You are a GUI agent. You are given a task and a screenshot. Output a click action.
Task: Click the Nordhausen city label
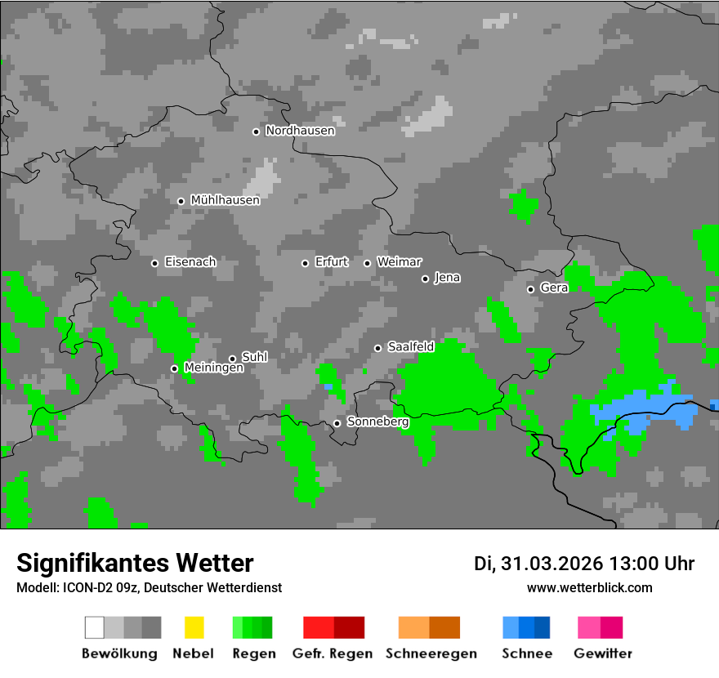pyautogui.click(x=300, y=131)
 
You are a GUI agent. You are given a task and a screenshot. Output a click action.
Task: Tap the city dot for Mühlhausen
pyautogui.click(x=181, y=201)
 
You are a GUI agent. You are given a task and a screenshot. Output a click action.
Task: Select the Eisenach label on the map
pyautogui.click(x=190, y=262)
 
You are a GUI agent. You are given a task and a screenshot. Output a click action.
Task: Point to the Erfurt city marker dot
pyautogui.click(x=305, y=263)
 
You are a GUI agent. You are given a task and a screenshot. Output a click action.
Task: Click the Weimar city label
pyautogui.click(x=400, y=262)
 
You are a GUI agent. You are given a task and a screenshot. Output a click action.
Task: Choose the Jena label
pyautogui.click(x=447, y=278)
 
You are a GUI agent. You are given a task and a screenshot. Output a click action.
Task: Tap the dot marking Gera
pyautogui.click(x=530, y=289)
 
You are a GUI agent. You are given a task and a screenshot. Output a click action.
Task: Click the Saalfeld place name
pyautogui.click(x=411, y=347)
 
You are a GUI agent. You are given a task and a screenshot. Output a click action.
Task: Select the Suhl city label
pyautogui.click(x=255, y=357)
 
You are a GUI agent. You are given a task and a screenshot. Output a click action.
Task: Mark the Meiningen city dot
pyautogui.click(x=174, y=368)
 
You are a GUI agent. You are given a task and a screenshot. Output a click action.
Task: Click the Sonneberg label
pyautogui.click(x=377, y=422)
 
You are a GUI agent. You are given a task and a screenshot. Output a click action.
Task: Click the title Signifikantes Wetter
pyautogui.click(x=135, y=563)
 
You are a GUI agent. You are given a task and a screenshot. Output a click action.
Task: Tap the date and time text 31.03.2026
pyautogui.click(x=584, y=564)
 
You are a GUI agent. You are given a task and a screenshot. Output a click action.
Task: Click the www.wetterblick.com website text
pyautogui.click(x=589, y=587)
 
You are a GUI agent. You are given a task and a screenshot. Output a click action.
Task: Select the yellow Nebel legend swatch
pyautogui.click(x=194, y=627)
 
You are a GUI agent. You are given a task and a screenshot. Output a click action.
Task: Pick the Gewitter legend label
pyautogui.click(x=602, y=653)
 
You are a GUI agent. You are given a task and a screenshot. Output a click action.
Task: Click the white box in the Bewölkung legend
pyautogui.click(x=95, y=627)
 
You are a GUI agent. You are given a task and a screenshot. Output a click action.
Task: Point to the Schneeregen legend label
pyautogui.click(x=431, y=653)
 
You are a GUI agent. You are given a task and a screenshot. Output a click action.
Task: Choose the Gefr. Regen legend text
pyautogui.click(x=333, y=653)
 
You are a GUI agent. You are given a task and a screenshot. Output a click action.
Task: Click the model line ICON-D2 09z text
pyautogui.click(x=149, y=587)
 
